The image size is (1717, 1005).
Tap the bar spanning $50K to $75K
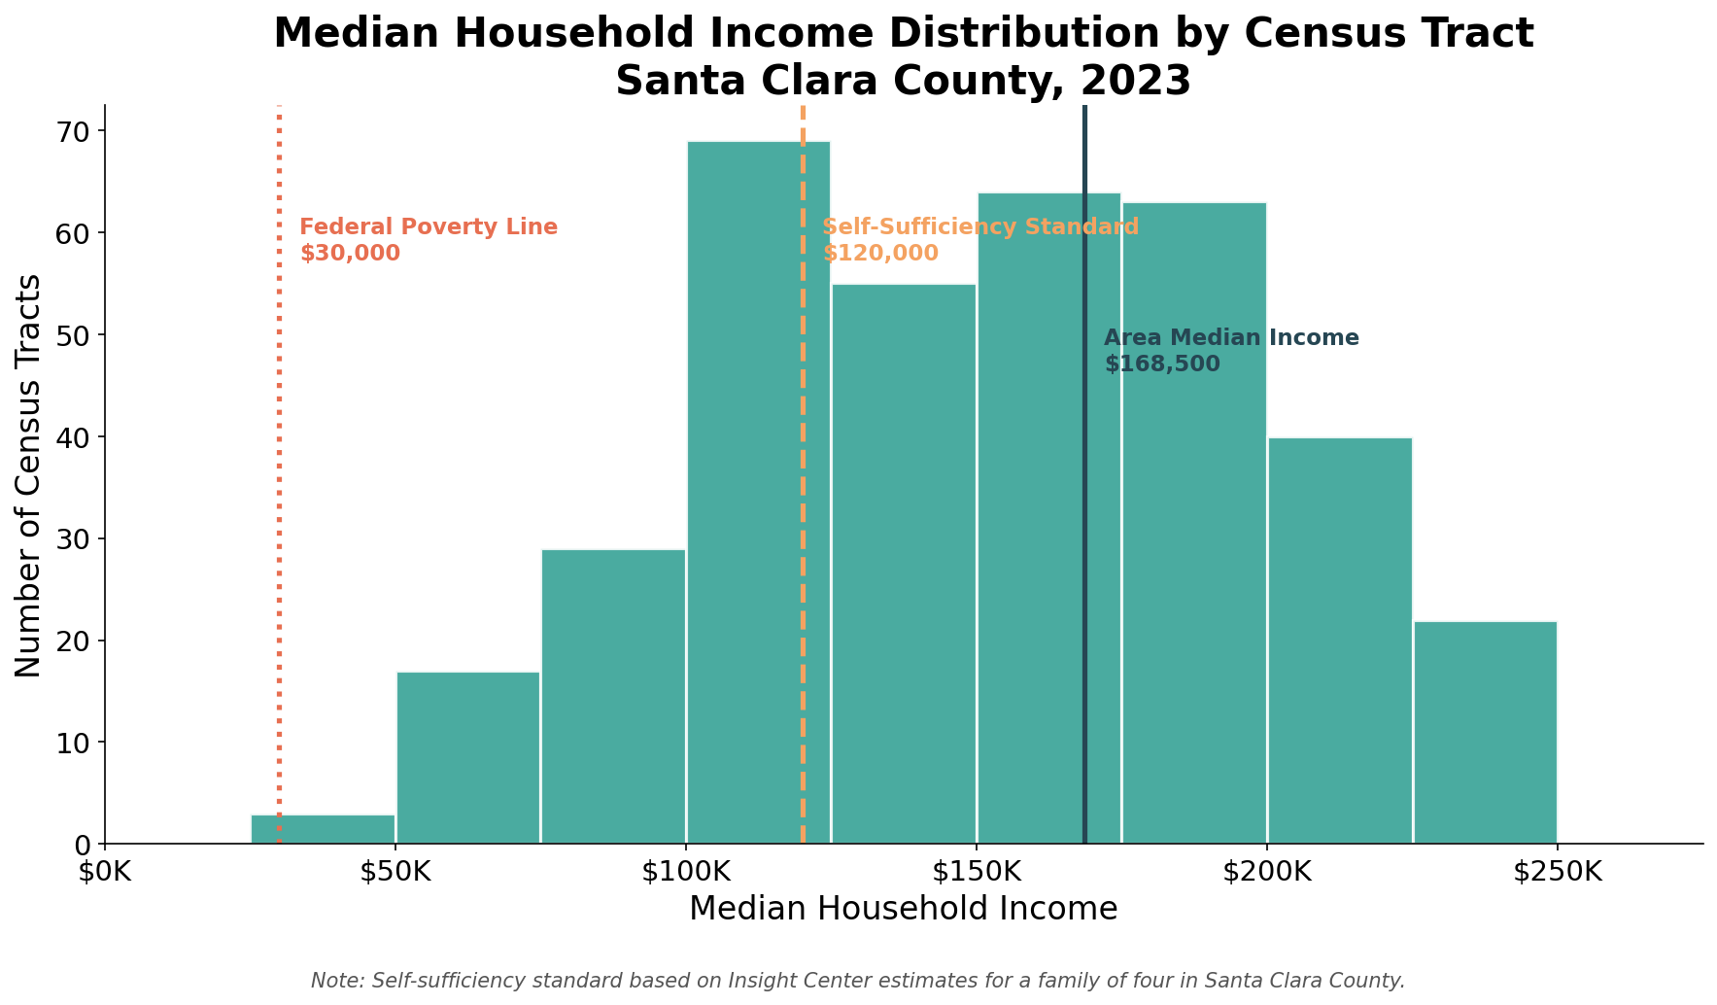(x=467, y=758)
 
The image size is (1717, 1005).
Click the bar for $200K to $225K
(x=1339, y=641)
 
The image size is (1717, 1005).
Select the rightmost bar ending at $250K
(x=1485, y=733)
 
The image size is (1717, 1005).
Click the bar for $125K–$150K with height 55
(x=904, y=564)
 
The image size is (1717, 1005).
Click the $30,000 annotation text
(x=350, y=254)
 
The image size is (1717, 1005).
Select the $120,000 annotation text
(x=880, y=254)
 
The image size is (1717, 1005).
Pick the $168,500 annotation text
(x=1162, y=364)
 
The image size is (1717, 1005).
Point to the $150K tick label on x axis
(x=976, y=872)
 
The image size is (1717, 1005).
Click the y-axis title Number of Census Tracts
(x=29, y=475)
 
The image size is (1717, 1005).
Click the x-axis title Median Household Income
(x=903, y=909)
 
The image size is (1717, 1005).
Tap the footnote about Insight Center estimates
(x=858, y=981)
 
